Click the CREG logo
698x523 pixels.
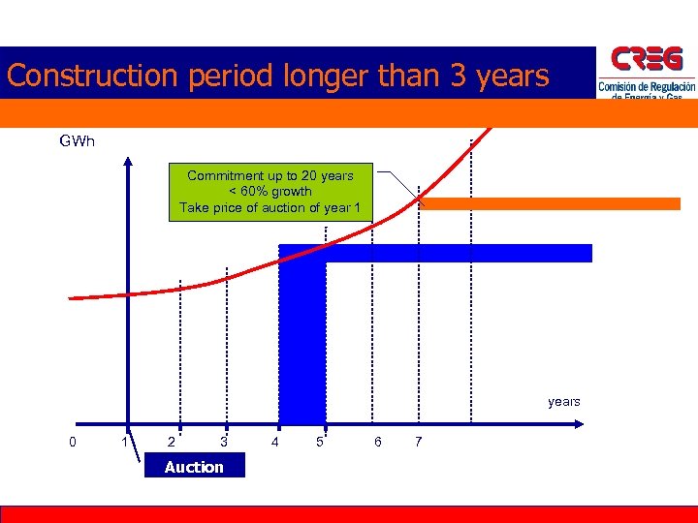point(647,72)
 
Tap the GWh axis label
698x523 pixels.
point(77,141)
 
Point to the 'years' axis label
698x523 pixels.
point(563,402)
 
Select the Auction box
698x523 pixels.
point(194,467)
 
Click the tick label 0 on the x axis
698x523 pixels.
point(74,443)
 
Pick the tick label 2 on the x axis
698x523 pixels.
point(172,443)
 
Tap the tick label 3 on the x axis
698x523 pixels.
point(224,443)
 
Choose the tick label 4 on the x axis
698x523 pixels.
point(275,443)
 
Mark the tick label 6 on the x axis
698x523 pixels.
point(377,443)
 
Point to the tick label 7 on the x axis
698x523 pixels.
point(418,443)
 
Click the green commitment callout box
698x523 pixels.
point(270,192)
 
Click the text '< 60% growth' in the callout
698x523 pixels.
point(270,192)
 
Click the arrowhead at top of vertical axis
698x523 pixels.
point(127,161)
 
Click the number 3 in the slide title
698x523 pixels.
point(459,76)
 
